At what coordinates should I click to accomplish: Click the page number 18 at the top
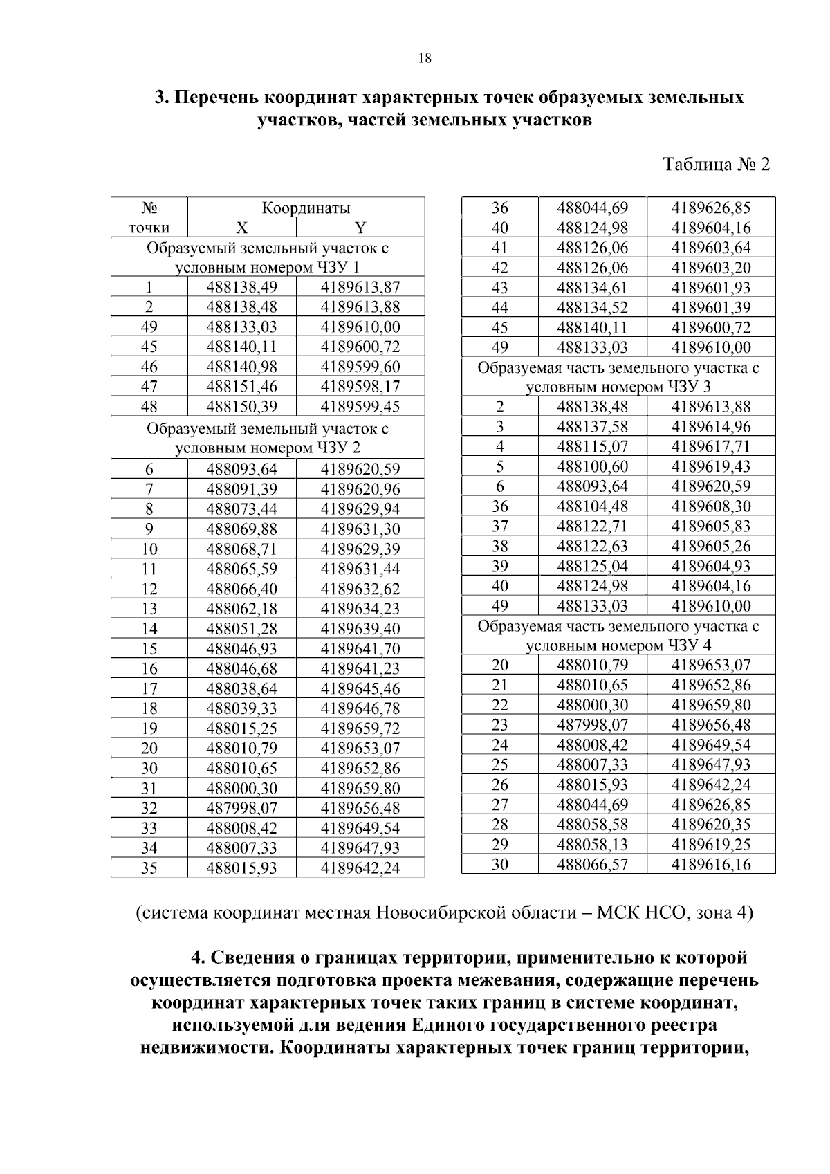point(425,59)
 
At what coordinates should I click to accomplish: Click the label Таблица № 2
point(716,165)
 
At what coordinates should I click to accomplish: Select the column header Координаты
point(305,208)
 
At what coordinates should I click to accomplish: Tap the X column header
point(241,228)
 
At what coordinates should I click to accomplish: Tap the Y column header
point(360,228)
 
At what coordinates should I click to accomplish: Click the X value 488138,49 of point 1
point(241,288)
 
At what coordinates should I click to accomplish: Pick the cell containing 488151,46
point(241,387)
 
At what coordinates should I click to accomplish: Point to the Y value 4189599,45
point(360,407)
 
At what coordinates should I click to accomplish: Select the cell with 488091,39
point(241,490)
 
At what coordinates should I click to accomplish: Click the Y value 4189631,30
point(360,530)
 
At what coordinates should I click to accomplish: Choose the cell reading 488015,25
point(241,728)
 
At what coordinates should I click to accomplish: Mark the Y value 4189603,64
point(710,248)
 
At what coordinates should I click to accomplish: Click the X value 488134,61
point(592,288)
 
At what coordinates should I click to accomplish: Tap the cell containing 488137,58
point(592,427)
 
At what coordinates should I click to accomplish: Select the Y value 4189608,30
point(710,506)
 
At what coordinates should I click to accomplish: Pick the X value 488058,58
point(592,825)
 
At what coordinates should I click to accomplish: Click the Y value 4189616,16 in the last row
point(710,864)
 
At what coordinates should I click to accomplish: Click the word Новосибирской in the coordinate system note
point(434,913)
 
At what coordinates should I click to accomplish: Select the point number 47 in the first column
point(149,387)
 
